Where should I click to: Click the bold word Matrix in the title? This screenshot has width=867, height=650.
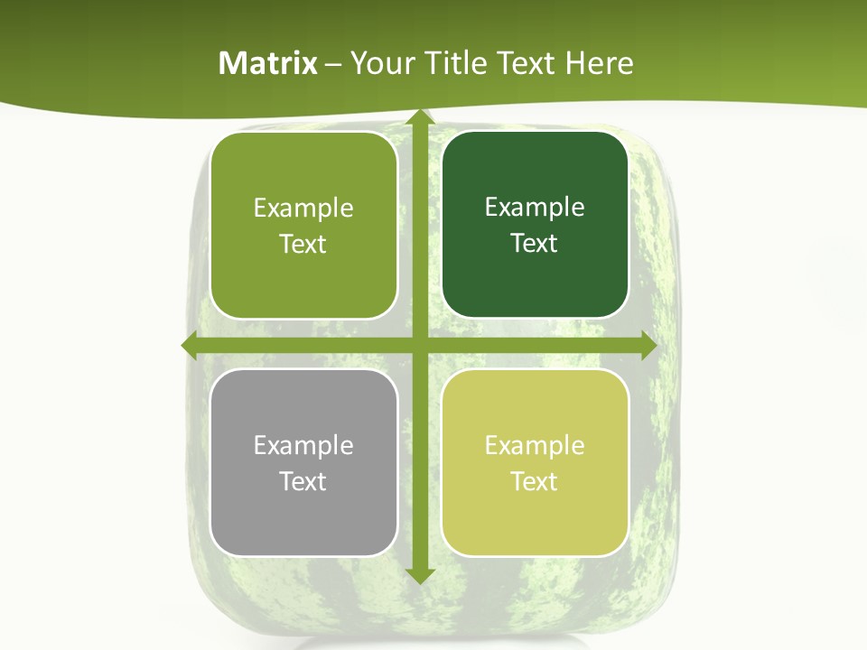coord(268,63)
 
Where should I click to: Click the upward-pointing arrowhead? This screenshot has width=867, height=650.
coord(418,119)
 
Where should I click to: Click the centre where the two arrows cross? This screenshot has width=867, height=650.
coord(418,346)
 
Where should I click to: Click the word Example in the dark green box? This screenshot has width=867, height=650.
coord(535,207)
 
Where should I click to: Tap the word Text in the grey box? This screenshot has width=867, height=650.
coord(303,481)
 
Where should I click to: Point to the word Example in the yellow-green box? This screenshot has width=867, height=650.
coord(535,445)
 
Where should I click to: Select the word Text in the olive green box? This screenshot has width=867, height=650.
coord(303,244)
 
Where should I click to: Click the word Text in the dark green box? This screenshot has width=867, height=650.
coord(535,243)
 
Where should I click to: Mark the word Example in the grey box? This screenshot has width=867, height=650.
coord(303,445)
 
